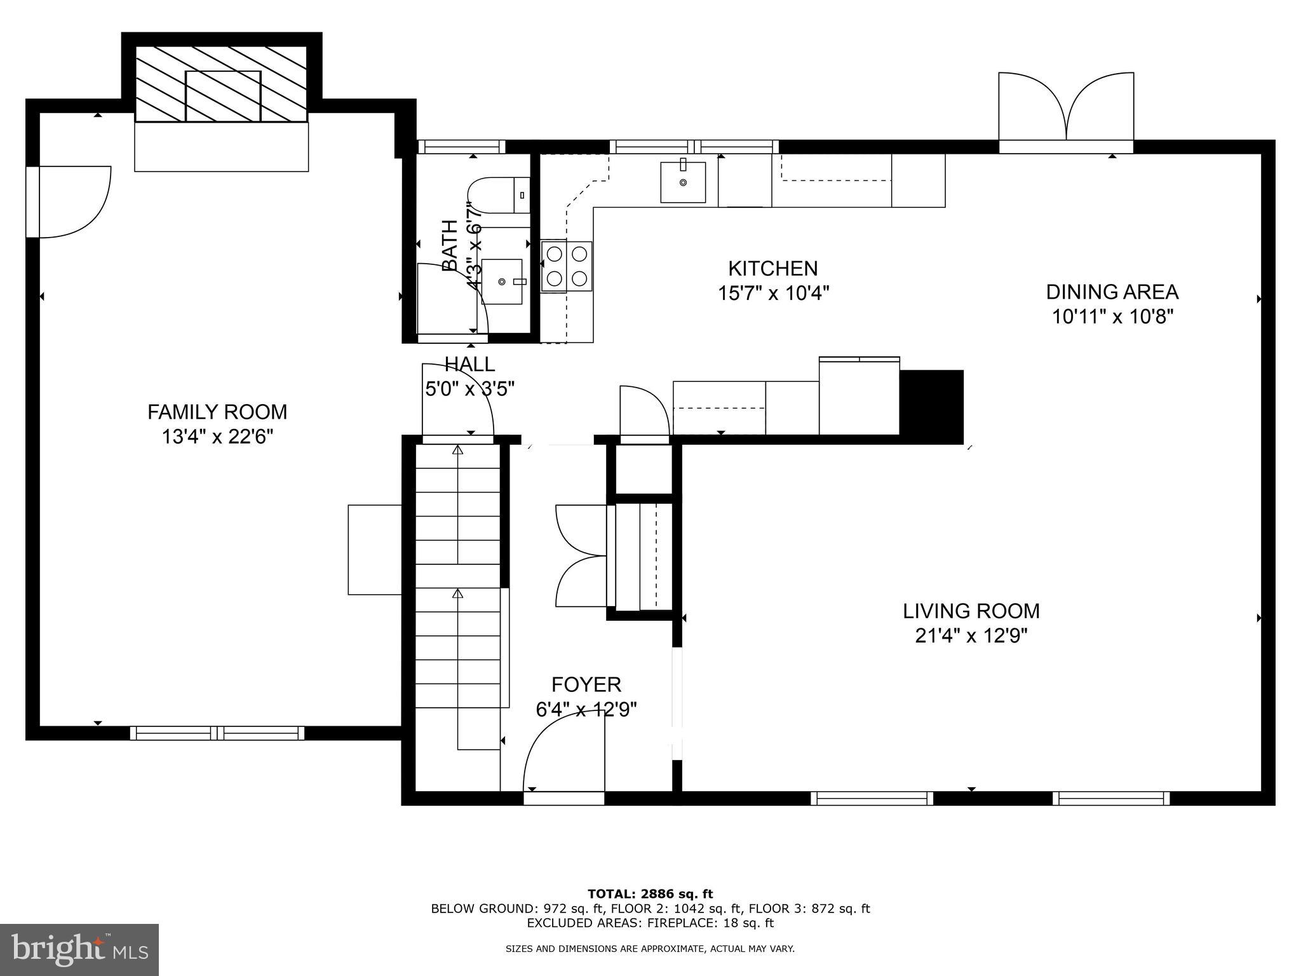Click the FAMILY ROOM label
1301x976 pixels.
coord(217,412)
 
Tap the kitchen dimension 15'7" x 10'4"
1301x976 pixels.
coord(773,294)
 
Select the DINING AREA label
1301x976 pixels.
coord(1112,292)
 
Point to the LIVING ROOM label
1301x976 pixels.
coord(971,611)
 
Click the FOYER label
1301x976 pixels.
coord(586,684)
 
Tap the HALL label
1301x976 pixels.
coord(469,364)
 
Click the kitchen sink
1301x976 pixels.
coord(683,182)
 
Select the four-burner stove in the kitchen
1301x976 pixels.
coord(567,266)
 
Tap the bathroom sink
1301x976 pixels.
coord(502,281)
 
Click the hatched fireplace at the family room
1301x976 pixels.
coord(222,84)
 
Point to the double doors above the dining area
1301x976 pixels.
coord(1066,108)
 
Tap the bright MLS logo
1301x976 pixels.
coord(79,949)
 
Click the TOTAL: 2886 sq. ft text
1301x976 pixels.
coord(650,894)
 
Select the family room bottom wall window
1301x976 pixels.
coord(217,733)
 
